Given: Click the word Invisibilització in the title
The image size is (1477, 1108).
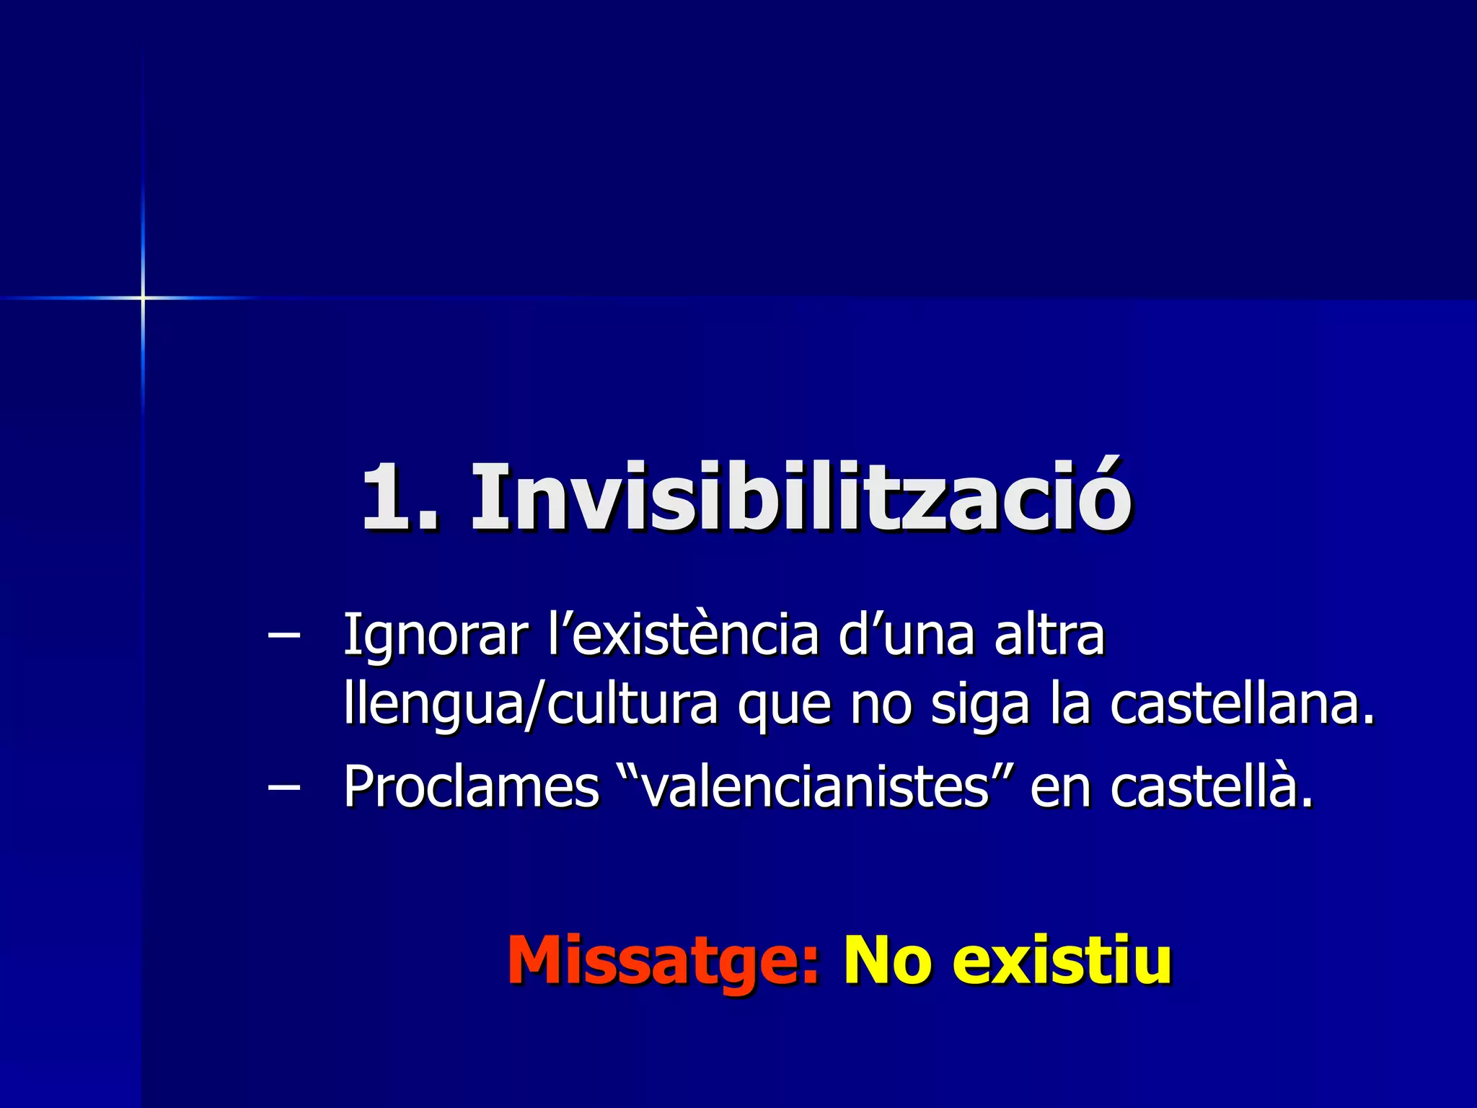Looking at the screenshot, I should coord(801,498).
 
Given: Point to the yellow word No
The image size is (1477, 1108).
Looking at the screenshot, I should coord(887,959).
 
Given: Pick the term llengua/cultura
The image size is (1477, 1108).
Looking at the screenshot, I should coord(530,705).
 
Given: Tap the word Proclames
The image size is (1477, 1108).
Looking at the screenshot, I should coord(471,786).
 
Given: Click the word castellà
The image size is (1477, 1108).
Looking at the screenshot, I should coord(1212,786).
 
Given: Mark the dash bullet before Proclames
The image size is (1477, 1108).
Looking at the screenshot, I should coord(283,787).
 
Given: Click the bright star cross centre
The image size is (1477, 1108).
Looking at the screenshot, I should coord(143,297).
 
